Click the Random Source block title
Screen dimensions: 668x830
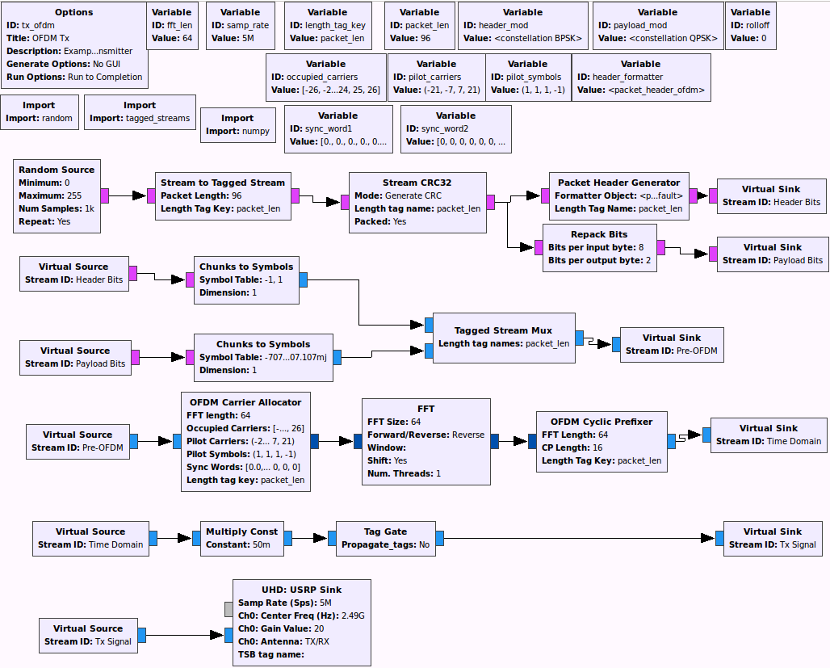(x=57, y=170)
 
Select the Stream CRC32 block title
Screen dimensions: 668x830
(x=417, y=183)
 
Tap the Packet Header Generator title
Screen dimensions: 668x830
(x=618, y=183)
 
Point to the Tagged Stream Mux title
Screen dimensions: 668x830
(x=503, y=330)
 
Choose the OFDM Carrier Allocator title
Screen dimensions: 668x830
(x=245, y=402)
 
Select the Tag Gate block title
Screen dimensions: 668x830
(x=385, y=531)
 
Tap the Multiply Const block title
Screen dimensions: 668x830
(x=241, y=531)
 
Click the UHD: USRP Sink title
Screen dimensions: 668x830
(x=302, y=590)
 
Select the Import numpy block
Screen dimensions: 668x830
(x=237, y=124)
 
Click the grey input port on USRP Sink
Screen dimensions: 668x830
(x=228, y=609)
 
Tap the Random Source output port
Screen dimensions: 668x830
(x=105, y=195)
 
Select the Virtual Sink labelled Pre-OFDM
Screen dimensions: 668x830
(x=671, y=344)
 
